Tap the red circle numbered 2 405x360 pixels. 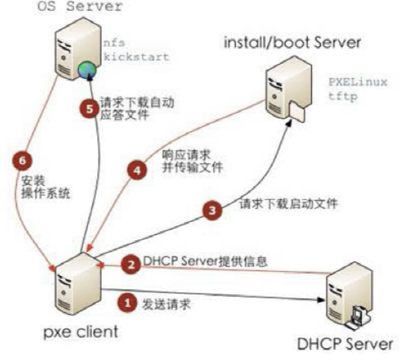(132, 264)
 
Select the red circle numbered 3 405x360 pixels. (213, 210)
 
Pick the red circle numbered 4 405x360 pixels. (136, 172)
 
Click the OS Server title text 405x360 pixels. (80, 8)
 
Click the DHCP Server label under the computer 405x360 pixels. (345, 344)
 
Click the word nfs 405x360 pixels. (110, 44)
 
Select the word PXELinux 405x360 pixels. (358, 82)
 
